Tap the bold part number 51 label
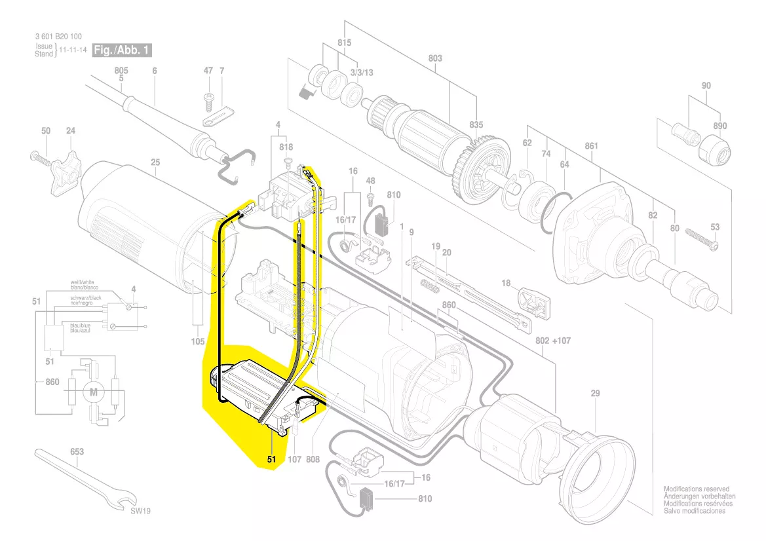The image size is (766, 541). tap(272, 460)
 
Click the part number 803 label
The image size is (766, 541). tap(435, 58)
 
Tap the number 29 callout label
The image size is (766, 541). tap(595, 394)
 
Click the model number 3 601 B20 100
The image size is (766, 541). tap(60, 37)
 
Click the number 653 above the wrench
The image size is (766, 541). tap(77, 453)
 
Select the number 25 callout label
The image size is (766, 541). tap(155, 162)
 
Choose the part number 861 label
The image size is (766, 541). tap(592, 146)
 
